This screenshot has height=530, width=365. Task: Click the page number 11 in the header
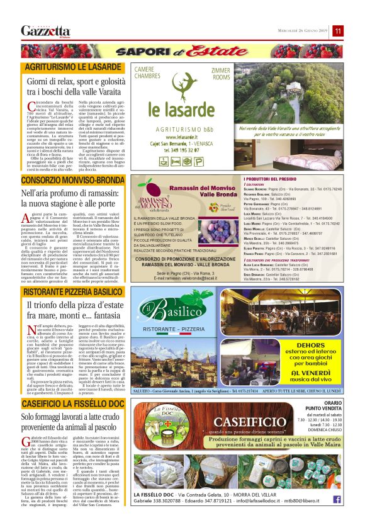[338, 31]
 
